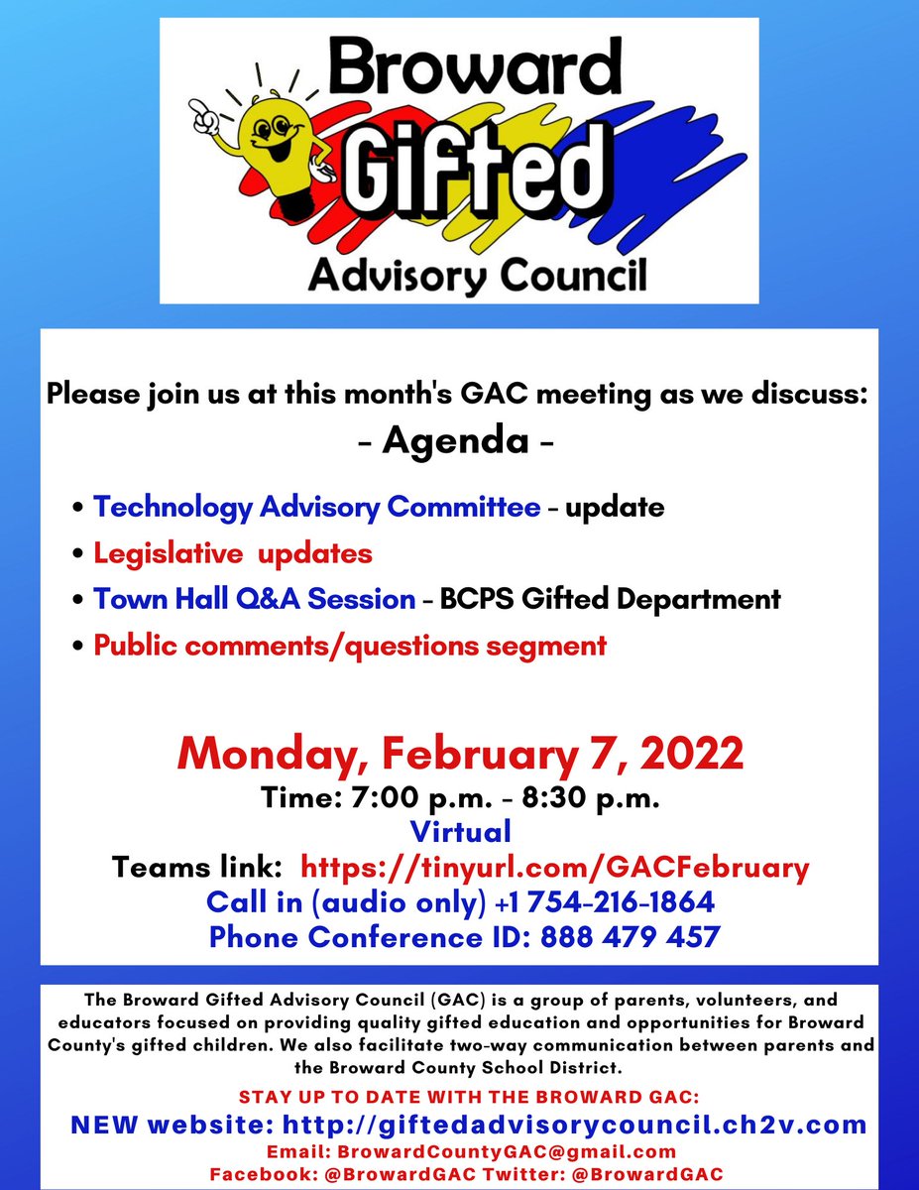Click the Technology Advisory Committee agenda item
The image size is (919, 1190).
[x=317, y=508]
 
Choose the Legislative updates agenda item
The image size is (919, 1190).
[x=233, y=553]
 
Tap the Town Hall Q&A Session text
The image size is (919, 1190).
[x=255, y=599]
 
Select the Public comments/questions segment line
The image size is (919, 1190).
[x=350, y=646]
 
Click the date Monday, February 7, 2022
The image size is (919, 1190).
[x=459, y=755]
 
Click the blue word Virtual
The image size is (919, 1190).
[x=459, y=831]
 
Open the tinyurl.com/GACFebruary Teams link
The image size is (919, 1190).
[x=554, y=869]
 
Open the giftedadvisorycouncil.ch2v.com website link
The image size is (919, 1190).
[x=574, y=1126]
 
